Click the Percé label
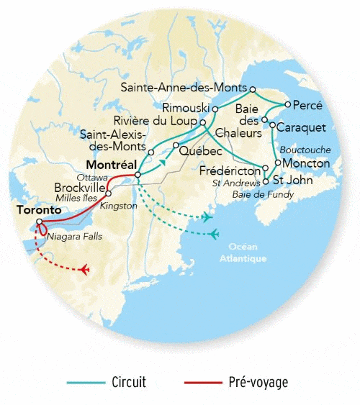309,105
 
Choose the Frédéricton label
230,170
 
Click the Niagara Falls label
73,236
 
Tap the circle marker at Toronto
40,221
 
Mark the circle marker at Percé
287,104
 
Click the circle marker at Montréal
138,174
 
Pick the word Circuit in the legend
129,382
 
